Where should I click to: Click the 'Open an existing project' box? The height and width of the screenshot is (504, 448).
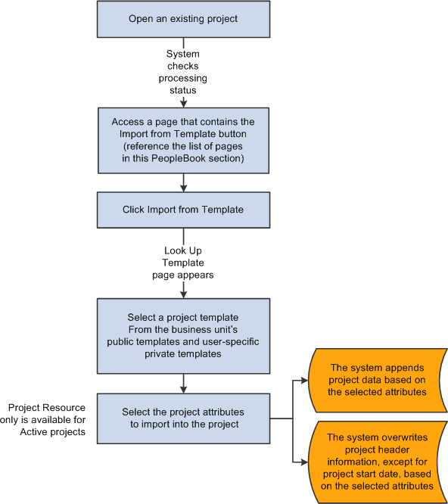coord(183,18)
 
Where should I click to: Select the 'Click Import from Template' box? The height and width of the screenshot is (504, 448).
coord(183,210)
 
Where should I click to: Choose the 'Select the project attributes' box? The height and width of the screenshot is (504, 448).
coord(183,418)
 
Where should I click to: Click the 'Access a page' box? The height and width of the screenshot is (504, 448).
coord(183,139)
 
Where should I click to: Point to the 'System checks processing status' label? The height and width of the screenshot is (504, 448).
coord(183,72)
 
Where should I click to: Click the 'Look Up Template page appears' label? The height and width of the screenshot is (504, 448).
coord(183,263)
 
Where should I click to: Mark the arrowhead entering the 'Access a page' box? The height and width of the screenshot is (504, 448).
coord(183,102)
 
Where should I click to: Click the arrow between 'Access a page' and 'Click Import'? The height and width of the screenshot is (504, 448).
coord(183,182)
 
